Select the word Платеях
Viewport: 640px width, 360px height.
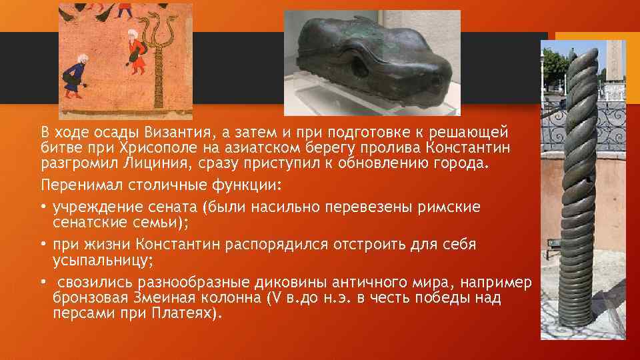[x=183, y=313]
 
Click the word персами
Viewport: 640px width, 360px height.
[x=83, y=313]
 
